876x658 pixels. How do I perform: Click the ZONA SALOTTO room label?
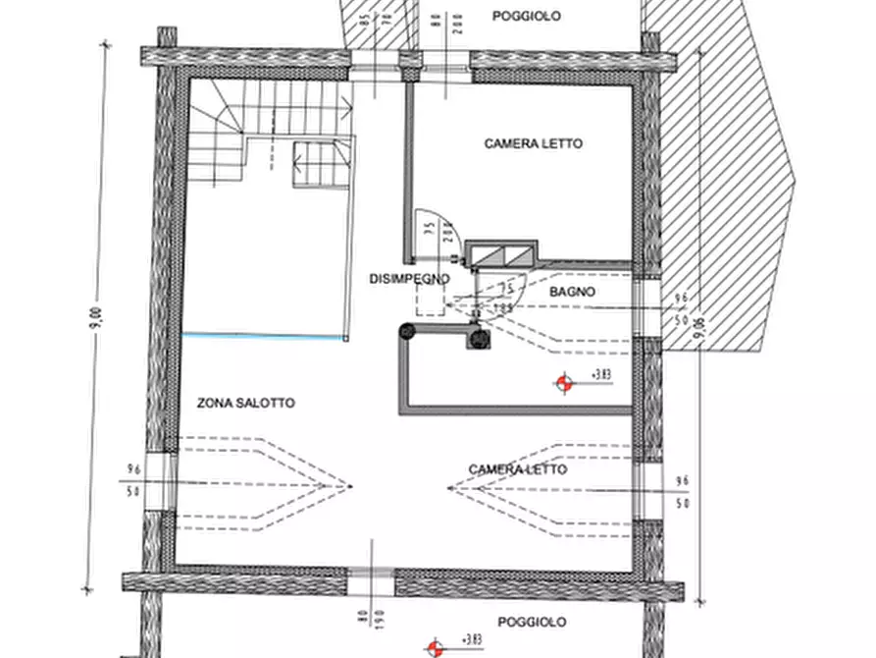tap(245, 403)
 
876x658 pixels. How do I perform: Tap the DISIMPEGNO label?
tap(409, 279)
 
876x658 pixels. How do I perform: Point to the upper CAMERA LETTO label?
tap(533, 143)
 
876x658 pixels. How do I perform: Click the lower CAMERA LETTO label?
tap(517, 469)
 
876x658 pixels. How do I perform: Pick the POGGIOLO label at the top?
tap(527, 16)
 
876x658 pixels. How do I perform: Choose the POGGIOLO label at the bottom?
tap(532, 622)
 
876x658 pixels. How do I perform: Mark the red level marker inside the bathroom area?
tap(563, 383)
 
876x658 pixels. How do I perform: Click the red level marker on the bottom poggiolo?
tap(434, 647)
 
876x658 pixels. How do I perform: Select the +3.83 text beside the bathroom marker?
tap(600, 375)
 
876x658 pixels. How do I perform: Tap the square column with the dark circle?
tap(479, 339)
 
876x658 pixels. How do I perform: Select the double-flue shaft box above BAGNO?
tap(501, 253)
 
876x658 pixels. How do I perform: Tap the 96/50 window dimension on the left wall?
tap(134, 479)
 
